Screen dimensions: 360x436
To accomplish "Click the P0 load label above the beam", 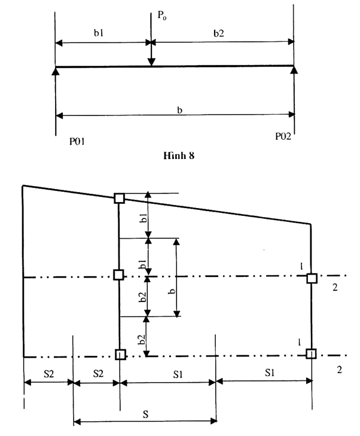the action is pyautogui.click(x=162, y=16).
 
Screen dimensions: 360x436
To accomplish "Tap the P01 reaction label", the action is pyautogui.click(x=77, y=142).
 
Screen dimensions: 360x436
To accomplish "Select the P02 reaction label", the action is pyautogui.click(x=283, y=136).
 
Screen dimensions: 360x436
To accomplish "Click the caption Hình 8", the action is pyautogui.click(x=179, y=156).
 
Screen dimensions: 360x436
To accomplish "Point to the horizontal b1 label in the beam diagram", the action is pyautogui.click(x=99, y=33).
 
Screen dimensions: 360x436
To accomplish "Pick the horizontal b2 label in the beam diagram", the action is pyautogui.click(x=219, y=33).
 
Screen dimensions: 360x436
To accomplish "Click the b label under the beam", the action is pyautogui.click(x=179, y=110).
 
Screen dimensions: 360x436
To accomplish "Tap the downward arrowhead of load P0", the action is pyautogui.click(x=151, y=62).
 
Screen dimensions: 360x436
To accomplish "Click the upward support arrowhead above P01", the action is pyautogui.click(x=56, y=71).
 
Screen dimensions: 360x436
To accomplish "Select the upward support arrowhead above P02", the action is pyautogui.click(x=294, y=70).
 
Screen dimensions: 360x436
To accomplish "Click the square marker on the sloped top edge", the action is pyautogui.click(x=120, y=198).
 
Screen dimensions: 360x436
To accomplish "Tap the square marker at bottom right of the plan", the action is pyautogui.click(x=311, y=353).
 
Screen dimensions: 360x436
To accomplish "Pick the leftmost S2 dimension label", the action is pyautogui.click(x=48, y=374).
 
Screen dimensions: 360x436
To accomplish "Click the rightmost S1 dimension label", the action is pyautogui.click(x=269, y=373).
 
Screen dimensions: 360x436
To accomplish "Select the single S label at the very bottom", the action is pyautogui.click(x=145, y=414).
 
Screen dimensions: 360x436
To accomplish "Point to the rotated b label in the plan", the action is pyautogui.click(x=173, y=291).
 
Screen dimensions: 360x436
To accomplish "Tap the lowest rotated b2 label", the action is pyautogui.click(x=142, y=340).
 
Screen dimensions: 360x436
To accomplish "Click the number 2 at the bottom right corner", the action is pyautogui.click(x=339, y=370).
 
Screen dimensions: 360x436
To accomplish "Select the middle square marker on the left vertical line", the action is pyautogui.click(x=118, y=275).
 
